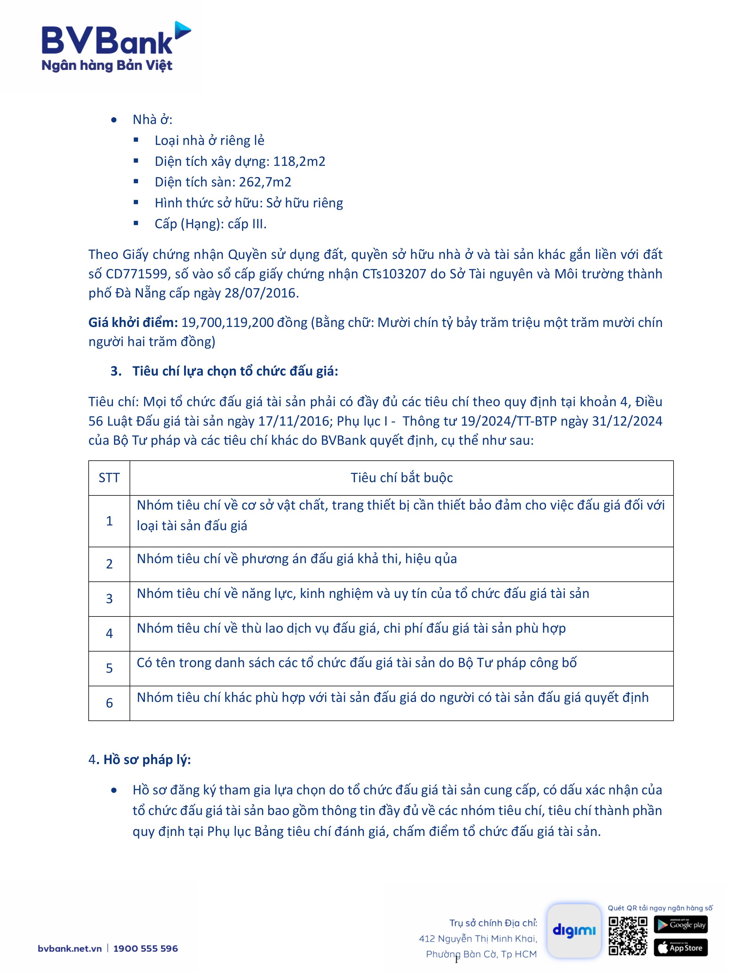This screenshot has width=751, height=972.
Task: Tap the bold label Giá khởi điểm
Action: pyautogui.click(x=133, y=322)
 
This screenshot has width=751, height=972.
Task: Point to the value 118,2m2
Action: pyautogui.click(x=299, y=161)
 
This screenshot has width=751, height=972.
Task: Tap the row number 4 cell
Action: pyautogui.click(x=109, y=633)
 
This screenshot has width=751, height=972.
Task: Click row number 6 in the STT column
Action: pyautogui.click(x=109, y=703)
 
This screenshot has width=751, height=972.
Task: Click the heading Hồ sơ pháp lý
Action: pyautogui.click(x=147, y=760)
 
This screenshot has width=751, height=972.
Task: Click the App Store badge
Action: pyautogui.click(x=680, y=948)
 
